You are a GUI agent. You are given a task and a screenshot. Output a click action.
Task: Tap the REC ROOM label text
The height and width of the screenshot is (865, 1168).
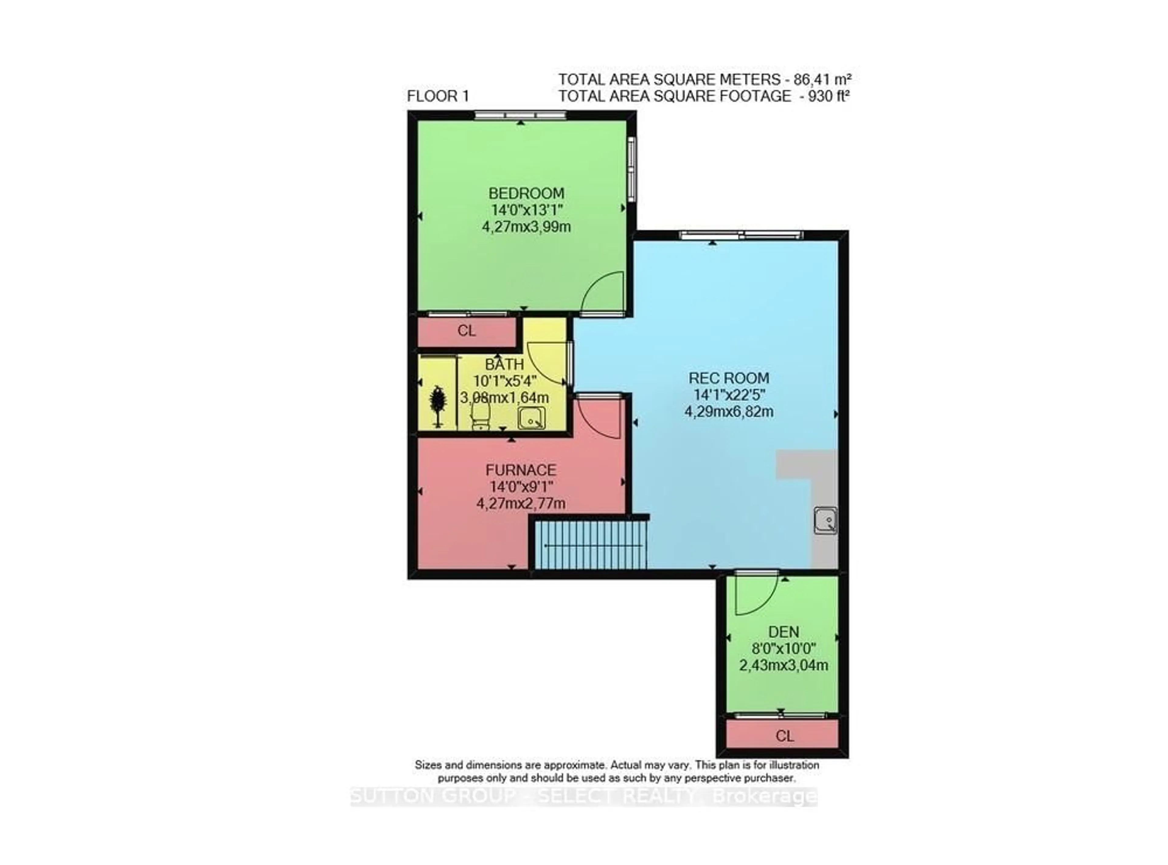[728, 378]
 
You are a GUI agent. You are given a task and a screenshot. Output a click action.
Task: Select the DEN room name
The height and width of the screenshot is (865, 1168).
[784, 632]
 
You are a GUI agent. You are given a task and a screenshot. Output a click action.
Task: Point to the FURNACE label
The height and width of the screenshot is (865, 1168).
[521, 470]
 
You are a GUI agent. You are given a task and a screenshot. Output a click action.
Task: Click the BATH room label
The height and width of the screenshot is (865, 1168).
[504, 365]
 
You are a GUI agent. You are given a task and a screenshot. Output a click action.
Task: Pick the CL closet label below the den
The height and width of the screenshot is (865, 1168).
[784, 736]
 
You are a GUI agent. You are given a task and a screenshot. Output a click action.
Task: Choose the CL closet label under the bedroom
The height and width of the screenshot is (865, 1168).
[466, 331]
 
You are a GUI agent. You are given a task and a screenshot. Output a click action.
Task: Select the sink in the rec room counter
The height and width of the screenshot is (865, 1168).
[825, 521]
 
